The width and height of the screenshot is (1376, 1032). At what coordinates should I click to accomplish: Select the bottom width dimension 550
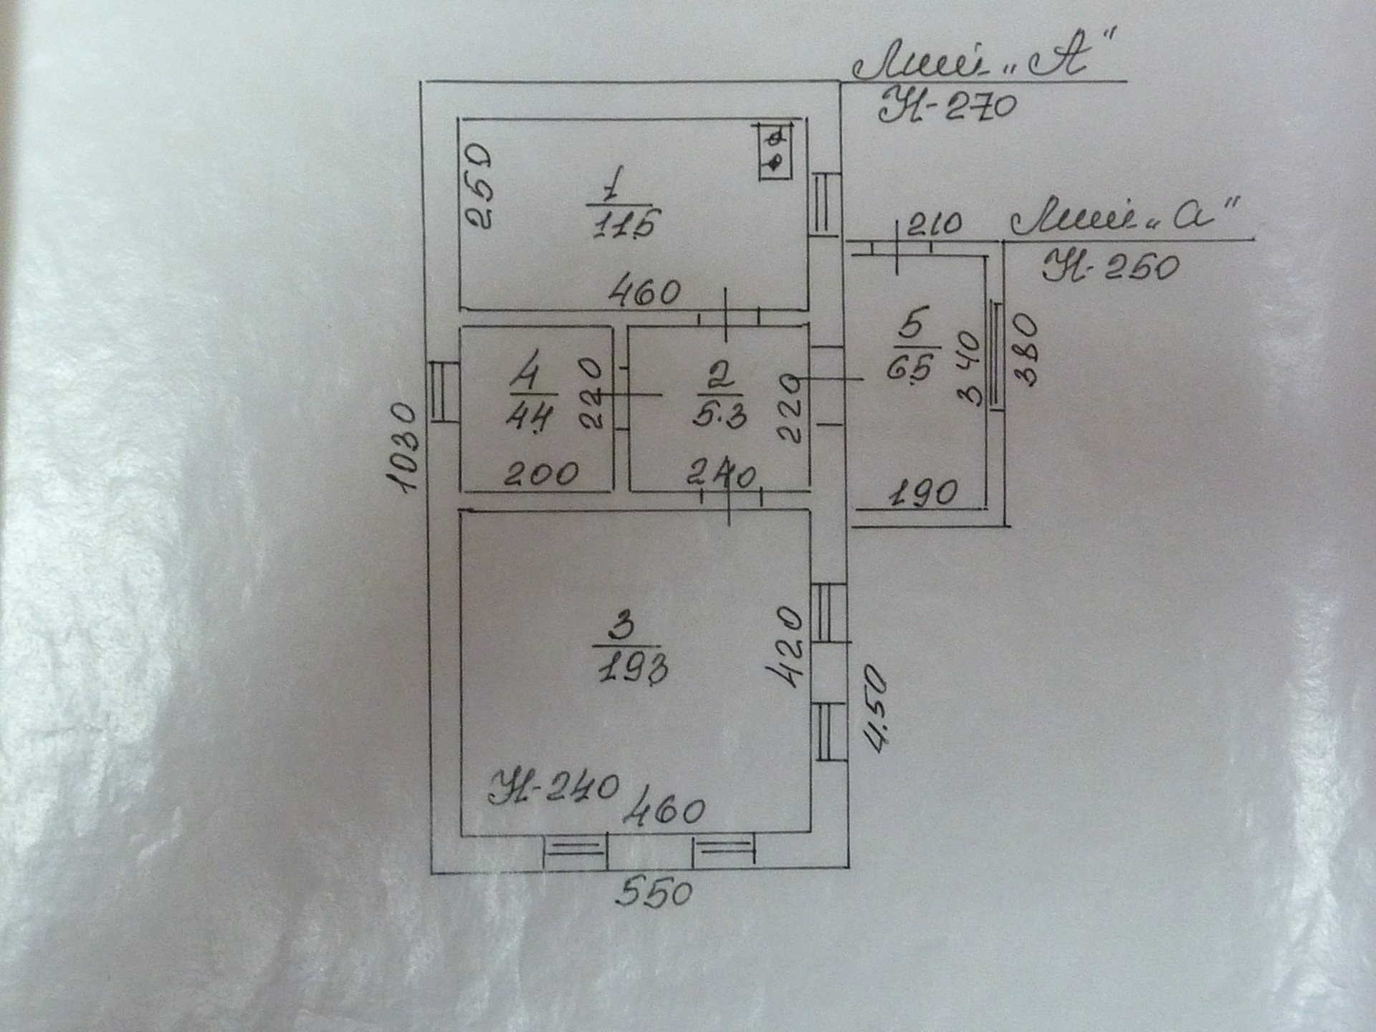tap(654, 894)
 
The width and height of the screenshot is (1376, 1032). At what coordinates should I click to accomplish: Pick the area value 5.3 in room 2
tap(720, 414)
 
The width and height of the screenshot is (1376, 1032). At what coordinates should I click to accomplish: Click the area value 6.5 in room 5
tap(909, 368)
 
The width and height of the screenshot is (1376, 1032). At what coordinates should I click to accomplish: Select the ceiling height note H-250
tap(1110, 267)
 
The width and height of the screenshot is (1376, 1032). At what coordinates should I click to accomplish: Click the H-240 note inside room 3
tap(553, 788)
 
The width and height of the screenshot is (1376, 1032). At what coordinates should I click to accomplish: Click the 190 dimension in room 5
tap(923, 494)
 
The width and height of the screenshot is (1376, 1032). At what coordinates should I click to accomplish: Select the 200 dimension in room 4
tap(541, 474)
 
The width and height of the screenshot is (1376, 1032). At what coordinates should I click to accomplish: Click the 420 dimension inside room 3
tap(786, 647)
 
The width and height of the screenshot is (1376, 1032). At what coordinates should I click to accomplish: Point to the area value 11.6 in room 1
tap(624, 224)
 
